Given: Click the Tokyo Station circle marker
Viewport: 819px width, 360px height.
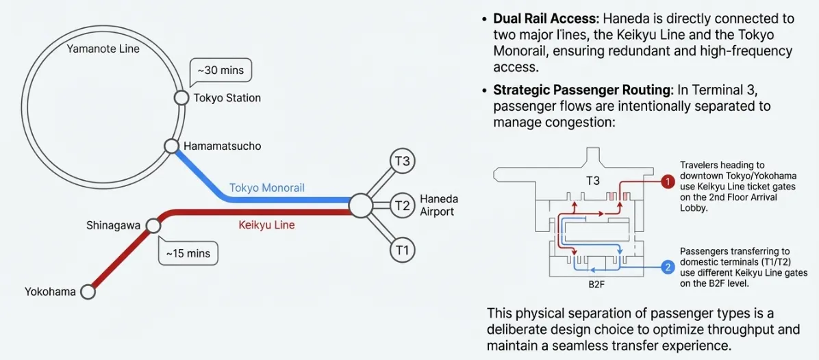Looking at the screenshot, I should pos(181,98).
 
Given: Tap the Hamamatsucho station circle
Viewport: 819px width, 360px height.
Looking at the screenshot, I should pos(172,146).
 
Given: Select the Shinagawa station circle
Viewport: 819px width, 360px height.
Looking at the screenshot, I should pos(153,226).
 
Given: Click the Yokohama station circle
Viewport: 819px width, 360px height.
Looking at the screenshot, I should pos(88,292).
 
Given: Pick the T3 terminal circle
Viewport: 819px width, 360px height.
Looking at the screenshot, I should pos(402,161).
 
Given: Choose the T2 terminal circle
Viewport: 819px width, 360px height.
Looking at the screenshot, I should pos(402,205).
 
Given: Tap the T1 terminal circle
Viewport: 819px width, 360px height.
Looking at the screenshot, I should pos(402,250).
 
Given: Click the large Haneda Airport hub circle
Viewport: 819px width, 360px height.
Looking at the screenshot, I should pos(360,205).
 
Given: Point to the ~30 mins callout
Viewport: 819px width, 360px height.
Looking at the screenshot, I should pos(220,70).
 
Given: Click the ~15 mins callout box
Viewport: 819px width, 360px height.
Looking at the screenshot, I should pos(188,253).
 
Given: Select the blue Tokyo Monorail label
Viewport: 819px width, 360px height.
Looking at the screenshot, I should pos(266,188).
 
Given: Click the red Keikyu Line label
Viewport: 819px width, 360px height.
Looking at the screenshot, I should pos(266,224).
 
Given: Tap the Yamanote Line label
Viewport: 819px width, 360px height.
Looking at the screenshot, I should pos(103,49).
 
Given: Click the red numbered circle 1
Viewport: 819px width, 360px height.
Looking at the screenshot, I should pos(668,182).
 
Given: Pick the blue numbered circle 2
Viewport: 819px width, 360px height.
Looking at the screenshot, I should pos(668,268).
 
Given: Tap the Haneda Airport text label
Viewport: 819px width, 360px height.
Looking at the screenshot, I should pos(438,205).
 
